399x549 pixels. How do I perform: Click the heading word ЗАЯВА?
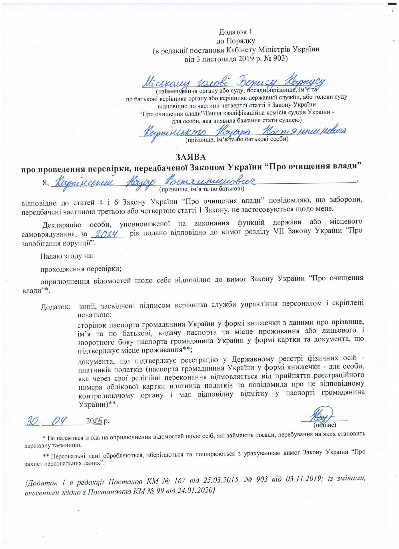(x=191, y=157)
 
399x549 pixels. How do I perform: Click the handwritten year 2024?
(x=106, y=234)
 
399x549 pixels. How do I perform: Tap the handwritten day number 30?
(x=33, y=421)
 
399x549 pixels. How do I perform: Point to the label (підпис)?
(x=325, y=425)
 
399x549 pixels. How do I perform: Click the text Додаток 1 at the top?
(x=235, y=32)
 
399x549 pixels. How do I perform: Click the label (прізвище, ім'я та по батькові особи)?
(x=237, y=139)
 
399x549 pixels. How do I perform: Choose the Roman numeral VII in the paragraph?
(x=279, y=231)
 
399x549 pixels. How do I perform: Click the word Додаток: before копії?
(x=55, y=307)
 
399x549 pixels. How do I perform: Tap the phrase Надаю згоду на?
(x=67, y=256)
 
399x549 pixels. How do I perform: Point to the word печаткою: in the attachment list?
(x=95, y=315)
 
